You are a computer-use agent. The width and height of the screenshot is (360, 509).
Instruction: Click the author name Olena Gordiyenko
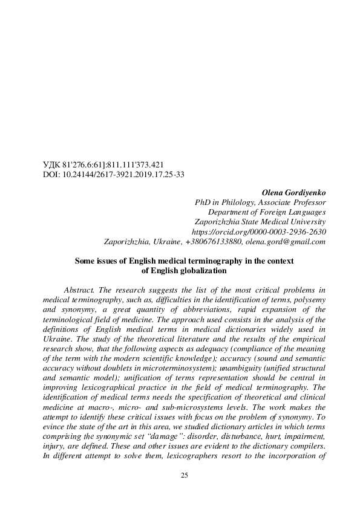[x=293, y=193]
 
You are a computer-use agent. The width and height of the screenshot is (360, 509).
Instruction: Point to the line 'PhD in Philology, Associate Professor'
[x=260, y=203]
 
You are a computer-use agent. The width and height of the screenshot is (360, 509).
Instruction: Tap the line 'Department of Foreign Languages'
[x=267, y=212]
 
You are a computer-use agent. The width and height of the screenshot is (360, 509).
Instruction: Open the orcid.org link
[x=258, y=232]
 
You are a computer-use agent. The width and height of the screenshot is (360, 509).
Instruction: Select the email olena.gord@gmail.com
[x=286, y=241]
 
